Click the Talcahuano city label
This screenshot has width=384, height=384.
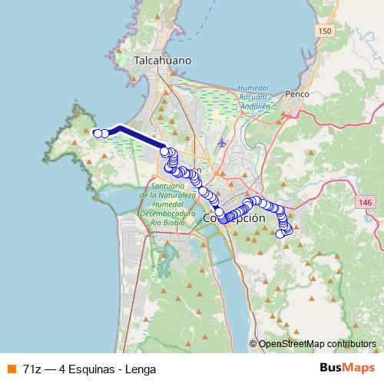[162, 60]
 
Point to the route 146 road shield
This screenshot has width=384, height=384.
[365, 201]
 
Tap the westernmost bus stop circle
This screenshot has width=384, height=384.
[98, 134]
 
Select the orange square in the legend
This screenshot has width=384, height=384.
[11, 369]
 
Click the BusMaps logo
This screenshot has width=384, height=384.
[342, 368]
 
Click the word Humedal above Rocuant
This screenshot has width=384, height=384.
[253, 88]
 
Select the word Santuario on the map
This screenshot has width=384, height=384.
[168, 187]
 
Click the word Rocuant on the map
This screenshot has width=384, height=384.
[253, 98]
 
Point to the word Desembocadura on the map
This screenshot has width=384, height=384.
[170, 213]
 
